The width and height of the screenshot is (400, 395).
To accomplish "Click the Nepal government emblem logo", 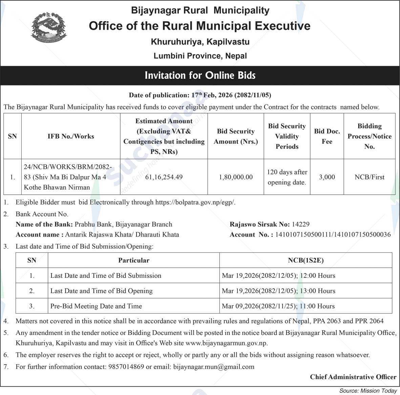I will click(x=49, y=28).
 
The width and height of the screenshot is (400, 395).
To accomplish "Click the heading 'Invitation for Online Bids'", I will click(x=200, y=75).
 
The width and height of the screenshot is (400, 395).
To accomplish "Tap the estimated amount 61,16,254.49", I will click(x=164, y=177).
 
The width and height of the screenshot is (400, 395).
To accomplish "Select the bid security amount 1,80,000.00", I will click(x=236, y=177).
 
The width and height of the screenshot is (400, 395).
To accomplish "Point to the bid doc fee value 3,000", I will click(x=327, y=177).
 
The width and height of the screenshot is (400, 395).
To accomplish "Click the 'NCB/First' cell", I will click(x=369, y=177).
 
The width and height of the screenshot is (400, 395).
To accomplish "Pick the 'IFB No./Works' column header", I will click(x=71, y=137).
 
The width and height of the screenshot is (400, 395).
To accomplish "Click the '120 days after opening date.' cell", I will click(x=287, y=177).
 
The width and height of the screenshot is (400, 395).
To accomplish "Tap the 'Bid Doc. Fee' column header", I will click(x=327, y=137).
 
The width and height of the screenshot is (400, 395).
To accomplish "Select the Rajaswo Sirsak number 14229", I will click(x=300, y=224).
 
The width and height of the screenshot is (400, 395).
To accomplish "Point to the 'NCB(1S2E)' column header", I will click(x=306, y=260).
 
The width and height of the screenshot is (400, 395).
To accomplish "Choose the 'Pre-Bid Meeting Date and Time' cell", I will click(x=96, y=306).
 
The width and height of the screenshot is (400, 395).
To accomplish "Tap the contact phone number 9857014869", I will click(x=126, y=367).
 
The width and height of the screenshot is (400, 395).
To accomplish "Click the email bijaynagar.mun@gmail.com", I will click(x=213, y=367).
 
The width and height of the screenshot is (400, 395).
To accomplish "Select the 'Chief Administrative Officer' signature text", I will click(x=353, y=377).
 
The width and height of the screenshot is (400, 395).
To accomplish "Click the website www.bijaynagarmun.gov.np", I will click(x=227, y=343).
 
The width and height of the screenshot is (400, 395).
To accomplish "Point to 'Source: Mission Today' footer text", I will click(x=368, y=391).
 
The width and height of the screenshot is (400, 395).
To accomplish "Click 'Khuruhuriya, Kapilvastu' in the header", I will click(x=200, y=42).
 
